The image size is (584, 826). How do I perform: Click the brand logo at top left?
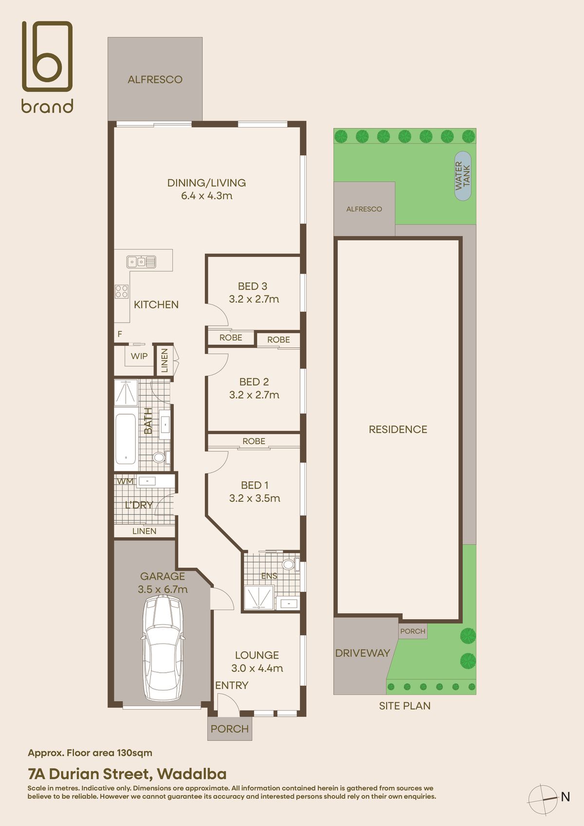[x=47, y=67]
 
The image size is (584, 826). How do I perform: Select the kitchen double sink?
[x=141, y=262]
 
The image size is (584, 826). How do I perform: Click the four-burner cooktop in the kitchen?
[x=121, y=292]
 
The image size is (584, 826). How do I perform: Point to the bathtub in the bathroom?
[x=126, y=439]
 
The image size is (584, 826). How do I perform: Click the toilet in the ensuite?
[x=289, y=565]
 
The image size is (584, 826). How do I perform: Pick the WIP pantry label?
[x=139, y=356]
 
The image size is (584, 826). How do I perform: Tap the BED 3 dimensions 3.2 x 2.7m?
[x=254, y=299]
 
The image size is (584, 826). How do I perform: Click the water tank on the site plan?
[x=463, y=176]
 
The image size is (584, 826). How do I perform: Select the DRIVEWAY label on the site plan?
[x=363, y=653]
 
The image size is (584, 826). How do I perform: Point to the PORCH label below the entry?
[x=230, y=729]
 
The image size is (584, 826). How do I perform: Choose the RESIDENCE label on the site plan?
[x=398, y=429]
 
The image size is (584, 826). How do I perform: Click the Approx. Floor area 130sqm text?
[x=90, y=753]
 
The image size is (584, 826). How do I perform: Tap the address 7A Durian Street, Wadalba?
[x=127, y=774]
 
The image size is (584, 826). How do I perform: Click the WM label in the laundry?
[x=125, y=481]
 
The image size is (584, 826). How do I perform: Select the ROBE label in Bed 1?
[x=254, y=441]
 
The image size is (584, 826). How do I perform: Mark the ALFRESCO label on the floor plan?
[x=155, y=79]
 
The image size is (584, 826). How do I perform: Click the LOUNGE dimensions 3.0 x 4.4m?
[x=257, y=668]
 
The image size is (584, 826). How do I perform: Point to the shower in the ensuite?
[x=259, y=597]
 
